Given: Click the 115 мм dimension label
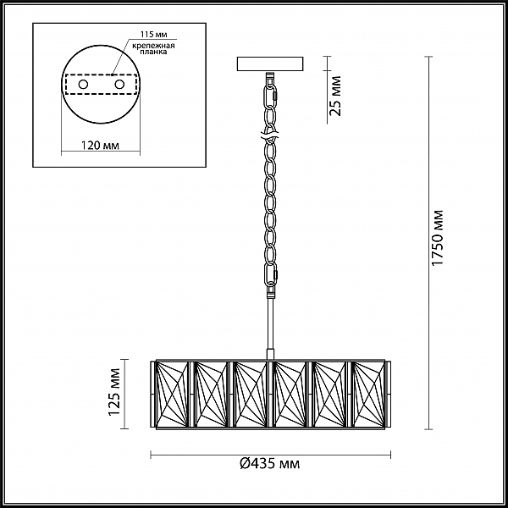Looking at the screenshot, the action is tap(153, 35).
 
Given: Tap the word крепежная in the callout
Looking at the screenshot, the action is tap(153, 46).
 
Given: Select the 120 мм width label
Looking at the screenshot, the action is tap(100, 146).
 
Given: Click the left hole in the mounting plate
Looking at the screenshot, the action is tap(83, 85).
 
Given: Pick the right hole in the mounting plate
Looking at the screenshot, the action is tap(119, 85).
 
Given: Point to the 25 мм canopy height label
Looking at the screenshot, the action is tap(335, 96).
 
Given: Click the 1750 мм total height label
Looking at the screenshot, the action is tap(438, 238).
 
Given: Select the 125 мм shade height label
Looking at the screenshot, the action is tap(114, 392).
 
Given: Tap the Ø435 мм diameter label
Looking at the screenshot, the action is tap(270, 464).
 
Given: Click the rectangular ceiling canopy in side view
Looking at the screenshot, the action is tap(270, 63).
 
